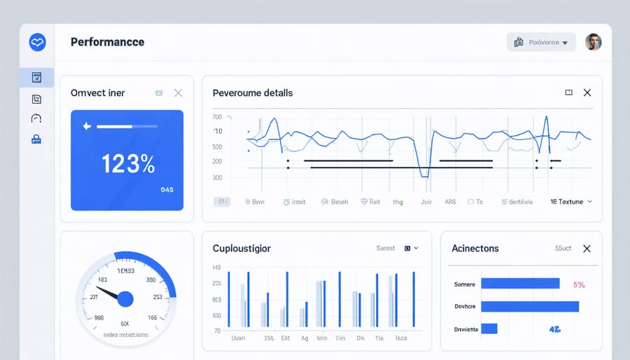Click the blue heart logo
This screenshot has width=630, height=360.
coord(37,43)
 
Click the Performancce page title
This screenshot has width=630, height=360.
coord(107,42)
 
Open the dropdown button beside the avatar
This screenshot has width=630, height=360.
coord(540,42)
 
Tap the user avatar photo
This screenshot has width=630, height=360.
coord(593,42)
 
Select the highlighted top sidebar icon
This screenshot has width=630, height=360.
coord(37,77)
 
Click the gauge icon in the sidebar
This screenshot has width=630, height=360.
coord(37,118)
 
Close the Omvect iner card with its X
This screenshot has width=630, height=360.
coord(178,92)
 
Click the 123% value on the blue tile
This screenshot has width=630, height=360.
coord(127,164)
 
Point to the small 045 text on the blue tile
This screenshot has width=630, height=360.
coord(167,189)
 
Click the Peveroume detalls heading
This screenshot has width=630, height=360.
coord(253,92)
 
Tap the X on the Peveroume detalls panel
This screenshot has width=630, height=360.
coord(587,92)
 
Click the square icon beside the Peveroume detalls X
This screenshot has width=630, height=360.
coord(568,92)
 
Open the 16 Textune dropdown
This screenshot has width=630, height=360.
coord(571,202)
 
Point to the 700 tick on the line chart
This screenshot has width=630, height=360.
coord(217,117)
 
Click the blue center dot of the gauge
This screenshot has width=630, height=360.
coord(125,299)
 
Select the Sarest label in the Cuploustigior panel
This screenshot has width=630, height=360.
coord(386,248)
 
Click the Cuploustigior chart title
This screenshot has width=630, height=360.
coord(241,249)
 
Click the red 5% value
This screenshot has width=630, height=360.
coord(578,284)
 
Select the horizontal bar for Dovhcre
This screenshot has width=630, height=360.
coord(530,306)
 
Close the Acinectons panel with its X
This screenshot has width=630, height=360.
coord(587,249)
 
